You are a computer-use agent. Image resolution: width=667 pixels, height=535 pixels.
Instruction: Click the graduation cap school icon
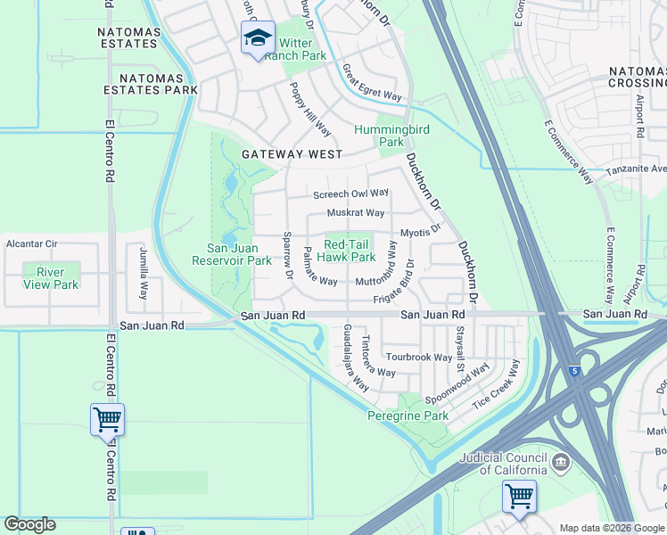click(258, 38)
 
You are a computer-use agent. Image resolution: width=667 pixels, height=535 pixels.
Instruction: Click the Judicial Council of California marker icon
click(560, 462)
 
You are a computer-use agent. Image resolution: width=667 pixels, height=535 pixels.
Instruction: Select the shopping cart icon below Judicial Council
click(518, 495)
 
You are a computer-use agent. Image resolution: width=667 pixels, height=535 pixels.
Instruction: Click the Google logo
click(29, 524)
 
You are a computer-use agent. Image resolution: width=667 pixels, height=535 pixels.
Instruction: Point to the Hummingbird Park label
click(391, 135)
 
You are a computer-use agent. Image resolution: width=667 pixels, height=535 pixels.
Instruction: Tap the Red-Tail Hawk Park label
click(349, 251)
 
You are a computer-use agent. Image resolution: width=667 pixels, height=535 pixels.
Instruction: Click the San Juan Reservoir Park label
click(232, 254)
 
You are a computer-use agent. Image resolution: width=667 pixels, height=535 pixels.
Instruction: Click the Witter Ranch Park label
click(301, 49)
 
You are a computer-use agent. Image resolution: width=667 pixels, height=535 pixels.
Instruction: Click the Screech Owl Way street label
click(350, 193)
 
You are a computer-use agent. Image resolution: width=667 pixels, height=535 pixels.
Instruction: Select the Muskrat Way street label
click(355, 213)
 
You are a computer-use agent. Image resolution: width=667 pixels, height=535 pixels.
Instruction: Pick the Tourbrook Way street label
click(419, 357)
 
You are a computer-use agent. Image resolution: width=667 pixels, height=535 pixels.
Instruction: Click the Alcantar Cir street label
click(31, 243)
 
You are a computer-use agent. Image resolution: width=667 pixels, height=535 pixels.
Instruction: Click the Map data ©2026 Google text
click(612, 528)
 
